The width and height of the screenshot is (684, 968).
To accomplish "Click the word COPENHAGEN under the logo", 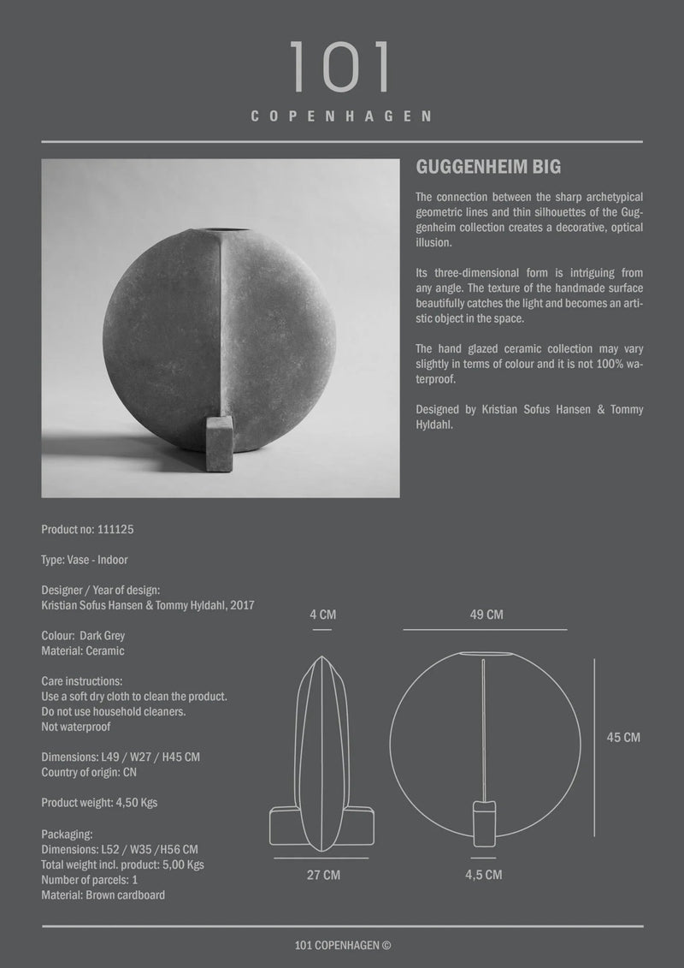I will click(341, 116).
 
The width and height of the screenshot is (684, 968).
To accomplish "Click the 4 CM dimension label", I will click(321, 615).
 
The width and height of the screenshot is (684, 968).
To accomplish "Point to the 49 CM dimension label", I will click(486, 615).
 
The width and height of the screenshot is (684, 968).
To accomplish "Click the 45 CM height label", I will click(622, 737).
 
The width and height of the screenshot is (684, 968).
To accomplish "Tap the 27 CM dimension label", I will click(324, 875).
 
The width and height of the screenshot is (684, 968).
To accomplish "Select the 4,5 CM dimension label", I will click(485, 875).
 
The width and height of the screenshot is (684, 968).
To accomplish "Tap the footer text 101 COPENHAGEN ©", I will click(341, 946).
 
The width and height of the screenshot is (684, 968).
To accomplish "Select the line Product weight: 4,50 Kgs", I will click(99, 803).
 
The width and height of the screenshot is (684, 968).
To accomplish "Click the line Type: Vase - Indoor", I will click(85, 560).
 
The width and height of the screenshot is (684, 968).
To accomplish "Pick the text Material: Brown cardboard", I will click(103, 895).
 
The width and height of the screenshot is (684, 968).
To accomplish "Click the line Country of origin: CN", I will click(89, 772).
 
